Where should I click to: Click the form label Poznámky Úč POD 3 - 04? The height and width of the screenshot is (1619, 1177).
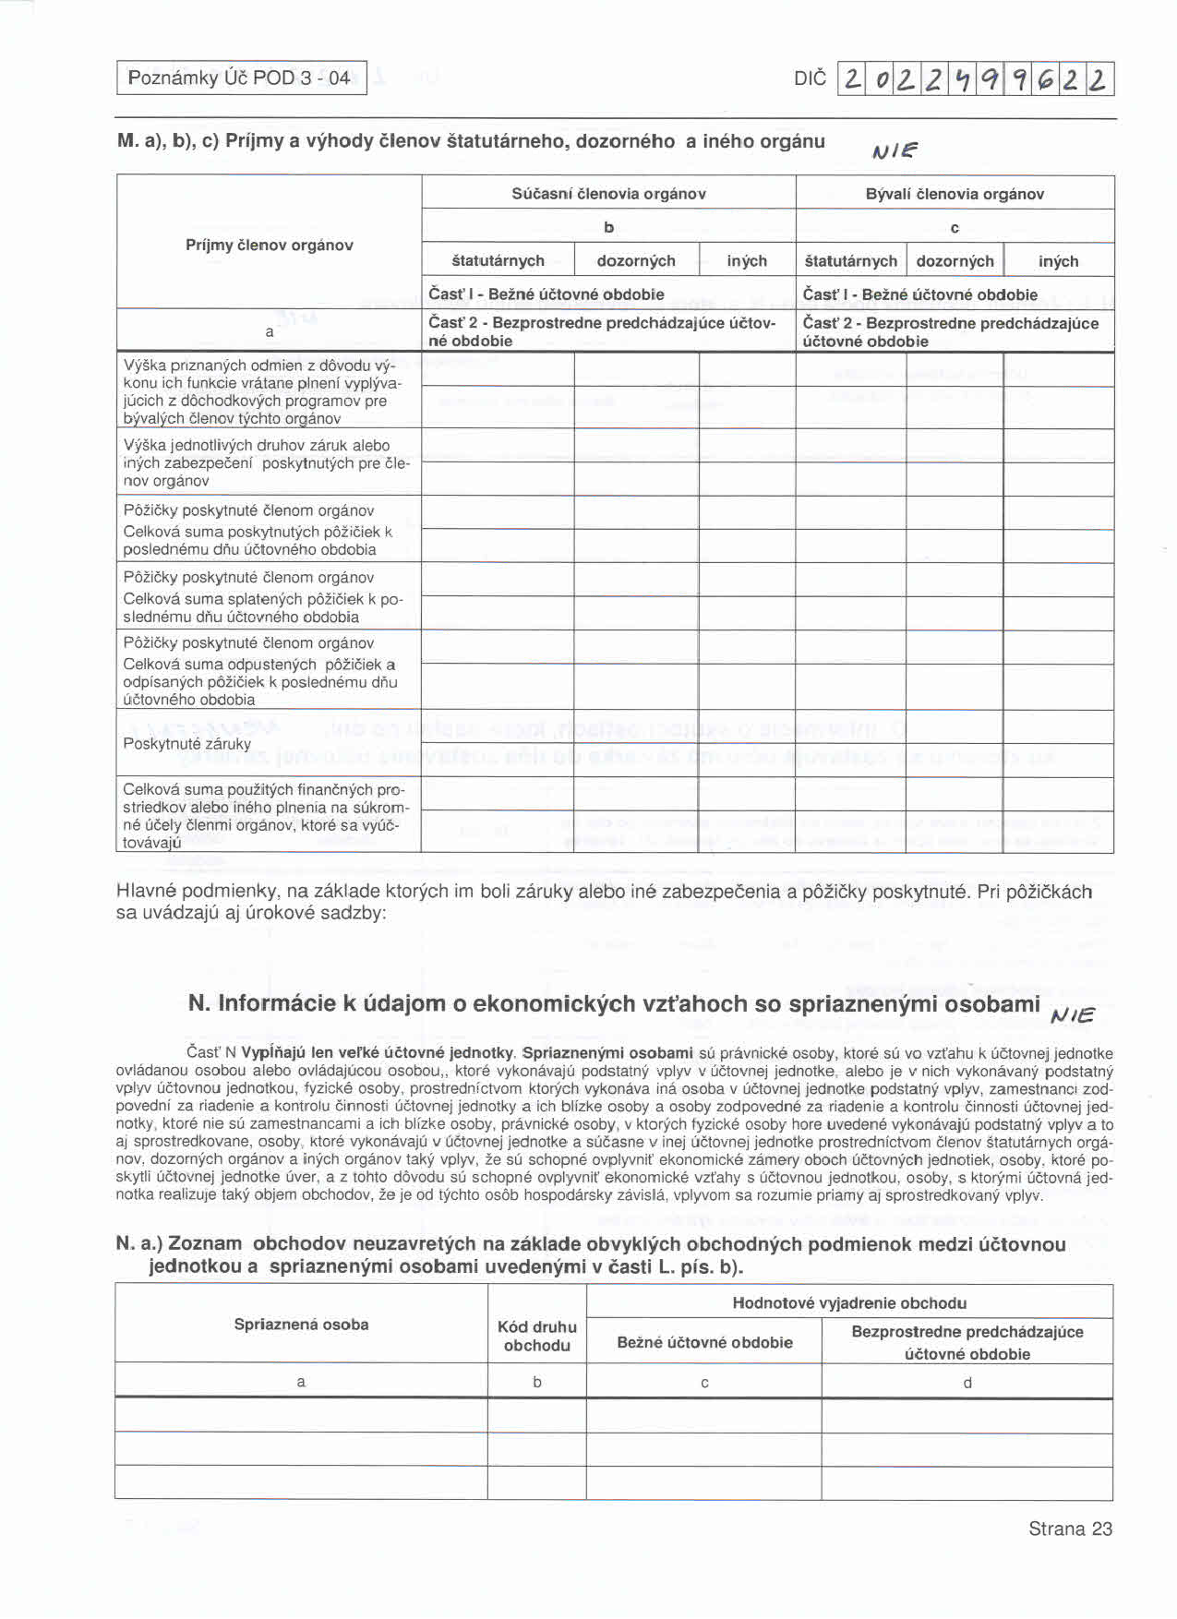click(239, 78)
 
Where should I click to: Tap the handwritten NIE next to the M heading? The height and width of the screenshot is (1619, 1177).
click(895, 150)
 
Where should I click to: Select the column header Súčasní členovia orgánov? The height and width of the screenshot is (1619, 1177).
click(608, 194)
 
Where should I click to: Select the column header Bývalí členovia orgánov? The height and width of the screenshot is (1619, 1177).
click(955, 194)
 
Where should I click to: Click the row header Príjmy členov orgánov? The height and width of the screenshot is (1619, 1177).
click(269, 246)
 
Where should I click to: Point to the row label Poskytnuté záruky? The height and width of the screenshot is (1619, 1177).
click(186, 744)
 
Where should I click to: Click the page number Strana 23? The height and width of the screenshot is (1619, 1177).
click(1070, 1529)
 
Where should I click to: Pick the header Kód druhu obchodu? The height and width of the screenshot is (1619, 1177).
click(536, 1337)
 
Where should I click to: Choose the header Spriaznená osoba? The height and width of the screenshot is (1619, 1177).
click(301, 1325)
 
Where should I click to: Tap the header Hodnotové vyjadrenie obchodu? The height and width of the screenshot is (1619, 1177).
click(849, 1303)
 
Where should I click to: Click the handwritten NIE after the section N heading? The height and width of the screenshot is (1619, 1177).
click(1073, 1015)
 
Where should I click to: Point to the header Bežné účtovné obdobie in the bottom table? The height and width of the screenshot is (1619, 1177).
click(704, 1343)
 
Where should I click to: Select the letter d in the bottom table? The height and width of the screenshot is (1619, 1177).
click(967, 1383)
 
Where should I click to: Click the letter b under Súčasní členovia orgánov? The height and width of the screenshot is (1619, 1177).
click(608, 227)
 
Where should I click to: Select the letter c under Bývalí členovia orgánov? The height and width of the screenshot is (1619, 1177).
click(955, 228)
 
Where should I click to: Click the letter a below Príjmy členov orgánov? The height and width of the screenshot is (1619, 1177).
click(269, 331)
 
